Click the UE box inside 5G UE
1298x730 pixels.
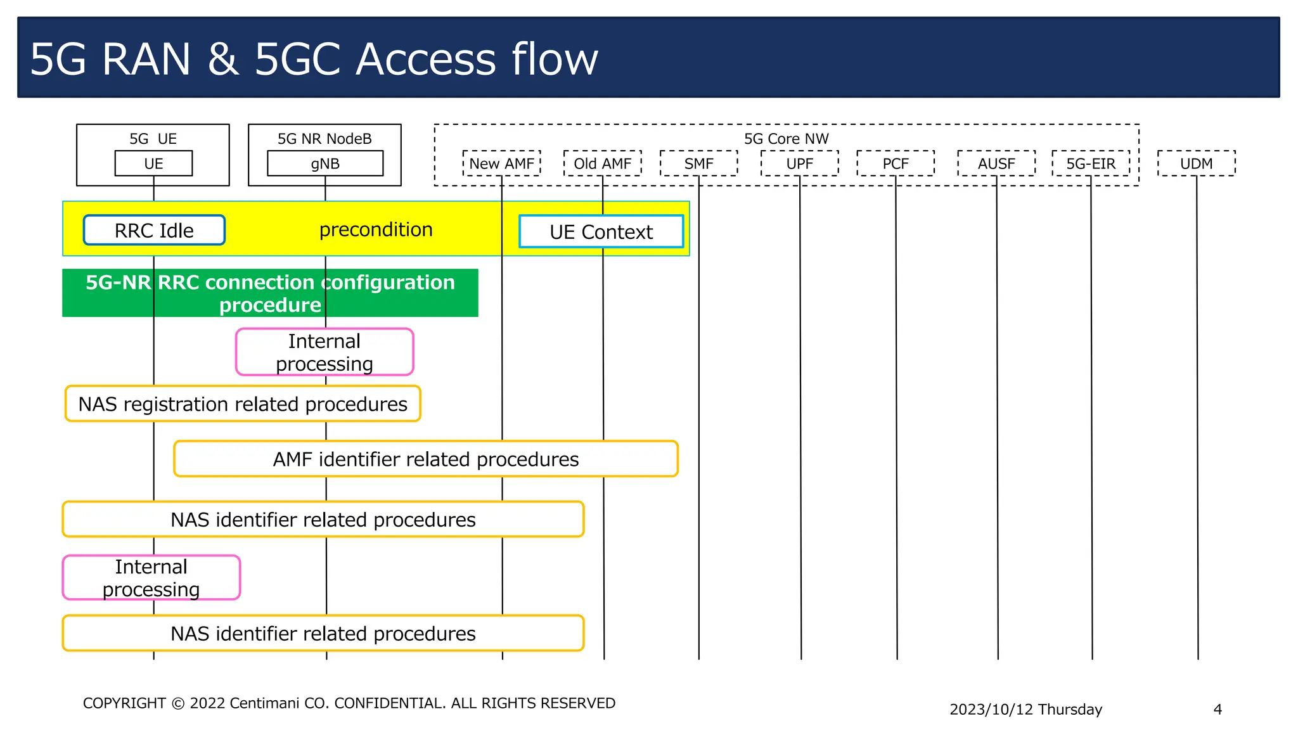[153, 163]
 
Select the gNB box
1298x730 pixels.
[325, 163]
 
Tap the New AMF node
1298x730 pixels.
[501, 163]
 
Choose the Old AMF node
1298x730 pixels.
[602, 163]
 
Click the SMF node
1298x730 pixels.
[698, 163]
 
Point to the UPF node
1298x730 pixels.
[799, 163]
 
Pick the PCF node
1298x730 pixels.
[896, 163]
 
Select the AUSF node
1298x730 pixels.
[996, 163]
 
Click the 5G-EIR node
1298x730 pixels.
[1091, 163]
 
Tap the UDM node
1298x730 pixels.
[1196, 163]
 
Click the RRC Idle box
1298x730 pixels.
[154, 230]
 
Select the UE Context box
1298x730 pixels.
[601, 232]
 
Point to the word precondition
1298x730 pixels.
[376, 229]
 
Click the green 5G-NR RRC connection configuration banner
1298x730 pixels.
[270, 293]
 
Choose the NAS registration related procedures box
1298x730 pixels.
[243, 404]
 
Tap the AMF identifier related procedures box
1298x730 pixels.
[426, 459]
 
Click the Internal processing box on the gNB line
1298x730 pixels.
[324, 352]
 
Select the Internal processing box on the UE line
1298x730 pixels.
[151, 577]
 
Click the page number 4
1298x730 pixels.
[1218, 709]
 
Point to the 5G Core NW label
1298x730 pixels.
[786, 139]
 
